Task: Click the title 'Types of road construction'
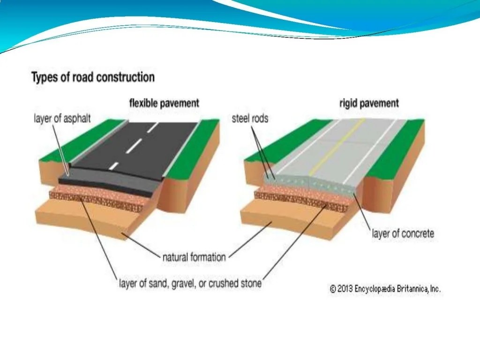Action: (93, 77)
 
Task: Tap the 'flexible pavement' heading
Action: (164, 103)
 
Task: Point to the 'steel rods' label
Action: (250, 118)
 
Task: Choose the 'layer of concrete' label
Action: (403, 233)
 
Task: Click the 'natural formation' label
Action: (194, 257)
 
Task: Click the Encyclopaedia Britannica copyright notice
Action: (385, 289)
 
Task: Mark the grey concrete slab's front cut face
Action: (309, 185)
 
